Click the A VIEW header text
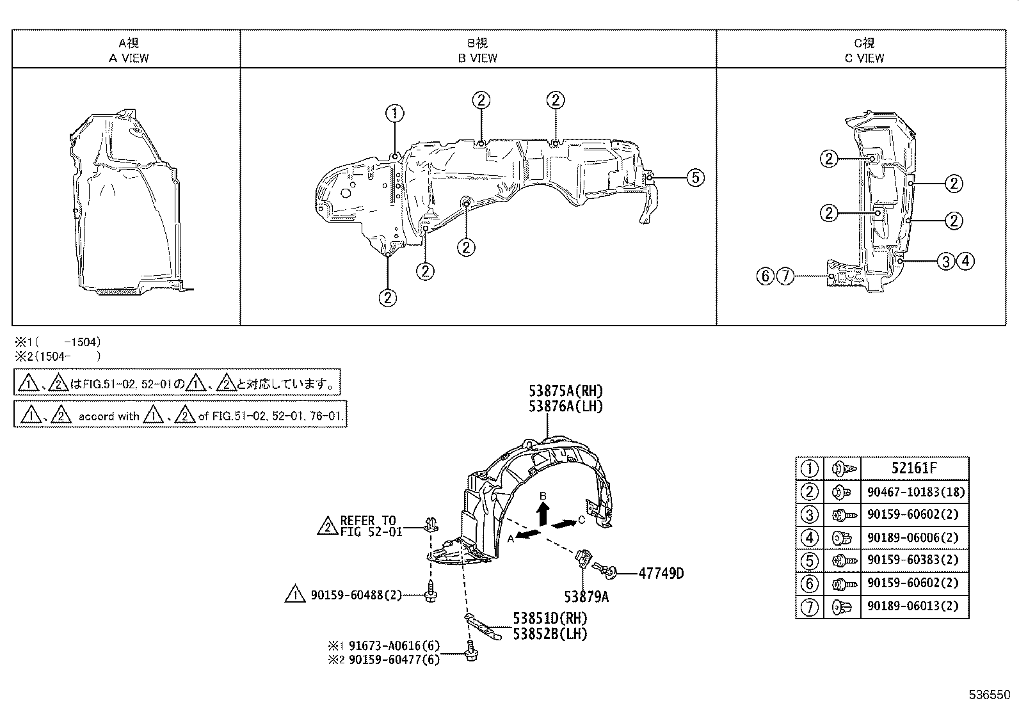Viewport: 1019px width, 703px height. pyautogui.click(x=129, y=58)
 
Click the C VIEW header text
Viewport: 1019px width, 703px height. pyautogui.click(x=864, y=58)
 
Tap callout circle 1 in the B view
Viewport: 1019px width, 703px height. pyautogui.click(x=395, y=114)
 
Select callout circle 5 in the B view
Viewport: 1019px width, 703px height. pyautogui.click(x=695, y=177)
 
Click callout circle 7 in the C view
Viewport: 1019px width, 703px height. pyautogui.click(x=785, y=276)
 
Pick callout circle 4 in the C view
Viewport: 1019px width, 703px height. pyautogui.click(x=965, y=260)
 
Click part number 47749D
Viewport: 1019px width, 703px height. pyautogui.click(x=661, y=573)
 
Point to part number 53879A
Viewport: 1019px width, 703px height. pyautogui.click(x=586, y=597)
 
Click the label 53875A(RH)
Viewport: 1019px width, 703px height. pyautogui.click(x=565, y=391)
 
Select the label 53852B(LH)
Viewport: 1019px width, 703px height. pyautogui.click(x=549, y=634)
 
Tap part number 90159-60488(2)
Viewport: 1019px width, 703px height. pyautogui.click(x=356, y=595)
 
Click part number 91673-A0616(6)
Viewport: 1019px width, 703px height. pyautogui.click(x=394, y=646)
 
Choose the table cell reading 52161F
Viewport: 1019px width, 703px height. pyautogui.click(x=913, y=468)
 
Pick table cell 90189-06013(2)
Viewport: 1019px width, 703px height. pyautogui.click(x=913, y=606)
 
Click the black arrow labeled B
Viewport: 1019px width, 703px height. pyautogui.click(x=543, y=513)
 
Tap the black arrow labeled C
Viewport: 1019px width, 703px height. pyautogui.click(x=562, y=524)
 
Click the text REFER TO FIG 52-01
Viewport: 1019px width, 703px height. pyautogui.click(x=367, y=526)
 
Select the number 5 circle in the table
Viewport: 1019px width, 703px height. pyautogui.click(x=810, y=560)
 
